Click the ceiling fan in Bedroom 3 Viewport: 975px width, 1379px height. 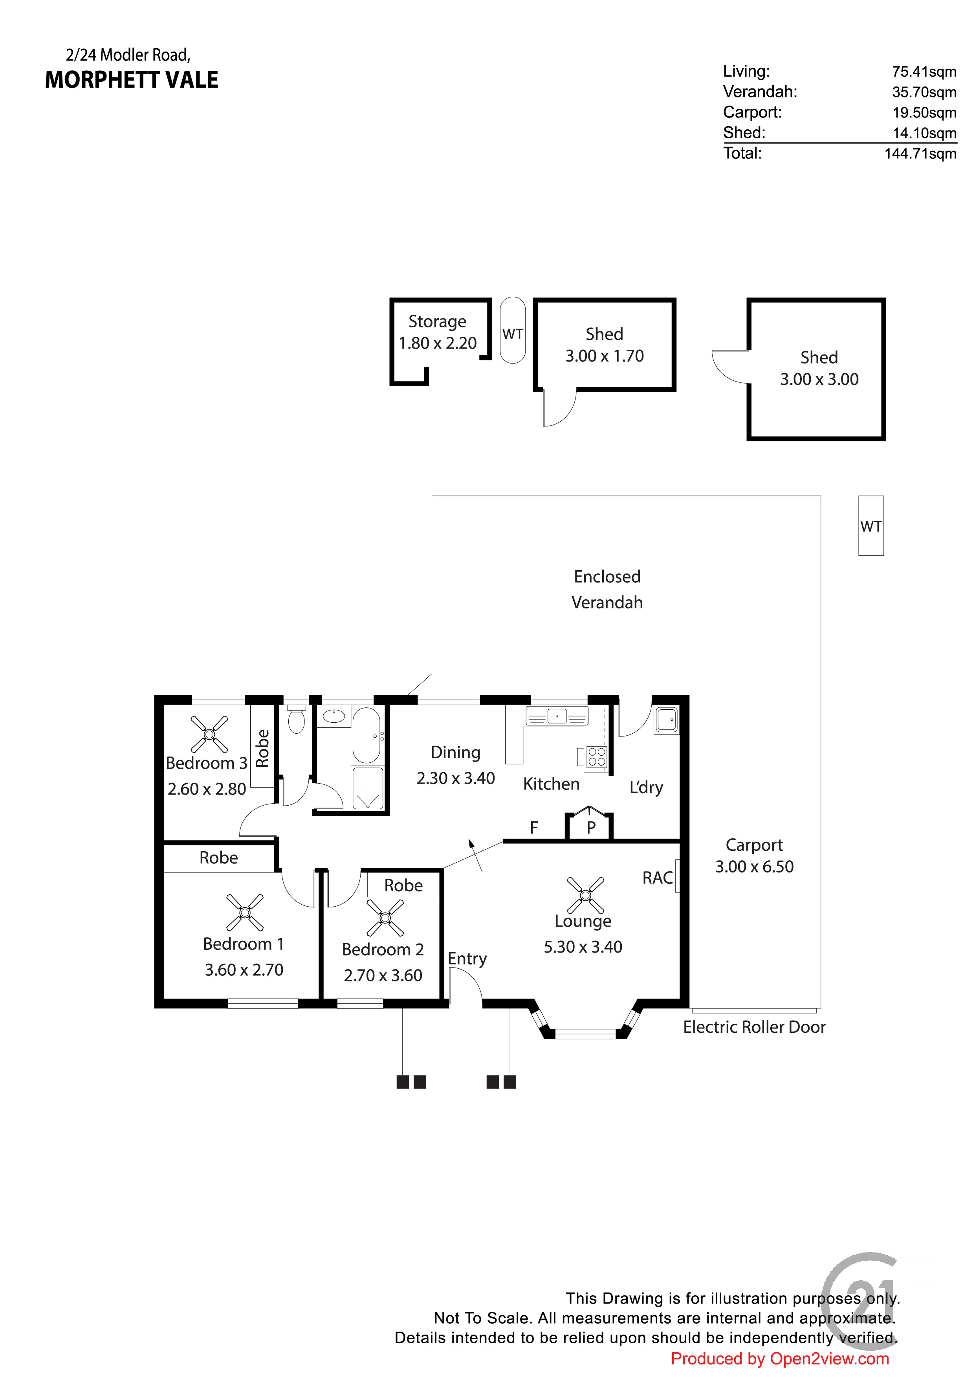pos(209,734)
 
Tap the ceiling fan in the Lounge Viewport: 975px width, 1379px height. pos(585,896)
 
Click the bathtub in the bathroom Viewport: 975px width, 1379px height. pos(366,734)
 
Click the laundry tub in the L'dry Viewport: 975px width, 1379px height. pos(666,720)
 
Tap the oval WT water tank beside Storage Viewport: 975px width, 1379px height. pos(513,331)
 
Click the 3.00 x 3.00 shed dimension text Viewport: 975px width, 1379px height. pos(819,380)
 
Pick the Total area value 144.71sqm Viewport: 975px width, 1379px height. pos(920,154)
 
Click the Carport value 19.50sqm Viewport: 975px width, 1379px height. pos(924,113)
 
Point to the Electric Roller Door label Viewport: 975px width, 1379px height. pos(754,1027)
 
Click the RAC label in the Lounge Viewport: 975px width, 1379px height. pos(658,878)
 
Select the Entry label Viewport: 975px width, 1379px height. pos(467,959)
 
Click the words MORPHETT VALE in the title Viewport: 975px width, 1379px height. pos(132,80)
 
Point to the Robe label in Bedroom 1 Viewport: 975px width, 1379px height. pos(218,858)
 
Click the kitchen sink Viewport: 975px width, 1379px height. pos(557,716)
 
